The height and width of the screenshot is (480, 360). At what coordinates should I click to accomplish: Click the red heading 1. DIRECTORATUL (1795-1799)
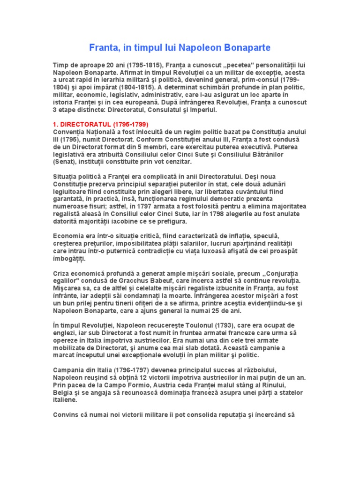pyautogui.click(x=100, y=124)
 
